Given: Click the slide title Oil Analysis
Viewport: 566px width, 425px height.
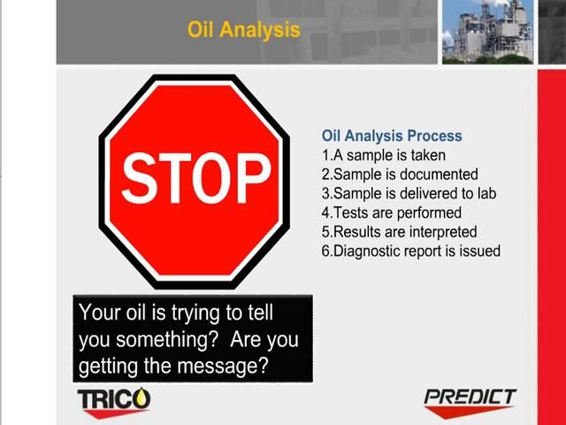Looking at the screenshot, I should (243, 29).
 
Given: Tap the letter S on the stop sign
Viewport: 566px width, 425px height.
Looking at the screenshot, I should (138, 178).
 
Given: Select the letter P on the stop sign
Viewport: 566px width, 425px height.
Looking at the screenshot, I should (252, 178).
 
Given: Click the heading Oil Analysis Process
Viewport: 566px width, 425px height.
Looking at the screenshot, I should (391, 136).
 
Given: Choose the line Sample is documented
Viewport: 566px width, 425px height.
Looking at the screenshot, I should (400, 174).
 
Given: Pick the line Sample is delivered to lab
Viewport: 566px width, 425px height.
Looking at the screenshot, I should (409, 194).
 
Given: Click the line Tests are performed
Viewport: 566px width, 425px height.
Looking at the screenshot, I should (391, 212).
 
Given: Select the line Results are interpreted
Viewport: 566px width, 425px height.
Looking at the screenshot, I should (399, 232).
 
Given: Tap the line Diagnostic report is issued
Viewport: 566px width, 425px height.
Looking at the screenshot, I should (410, 251).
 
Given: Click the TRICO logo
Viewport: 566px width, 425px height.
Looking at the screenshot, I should (114, 400).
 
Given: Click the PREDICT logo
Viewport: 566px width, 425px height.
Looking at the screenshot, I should (470, 398).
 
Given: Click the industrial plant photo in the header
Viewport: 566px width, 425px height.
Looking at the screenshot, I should (487, 32).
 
